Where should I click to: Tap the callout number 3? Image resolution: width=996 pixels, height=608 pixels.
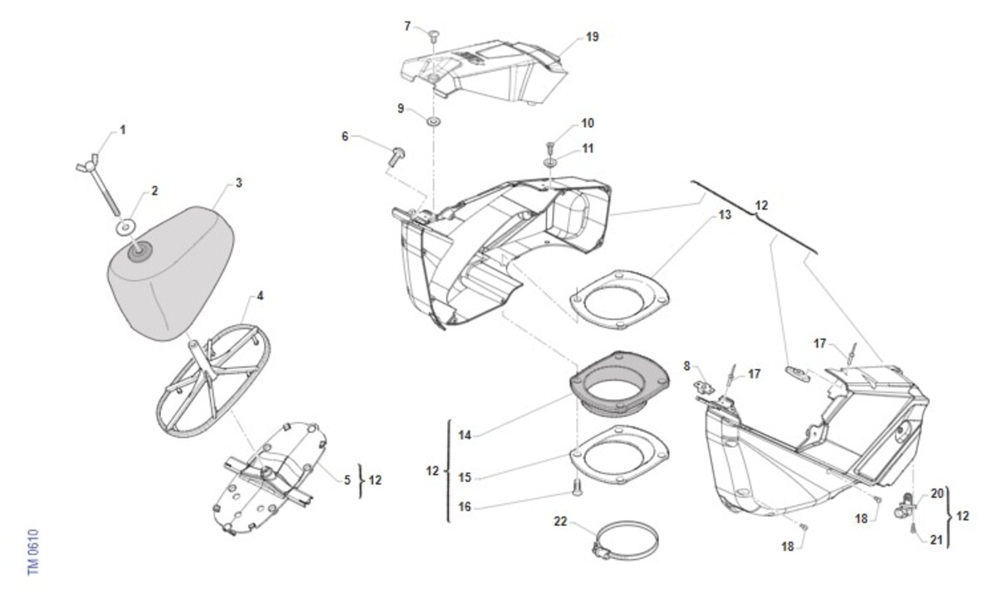coord(238,182)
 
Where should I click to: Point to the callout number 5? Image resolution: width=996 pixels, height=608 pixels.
coord(347,479)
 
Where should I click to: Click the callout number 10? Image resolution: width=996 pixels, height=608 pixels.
coord(587,123)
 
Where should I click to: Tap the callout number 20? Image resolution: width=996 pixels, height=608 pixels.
coord(937,494)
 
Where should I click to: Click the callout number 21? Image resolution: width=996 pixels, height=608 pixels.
coord(937,540)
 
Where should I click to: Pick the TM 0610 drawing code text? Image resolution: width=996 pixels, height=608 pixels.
coord(33,551)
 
